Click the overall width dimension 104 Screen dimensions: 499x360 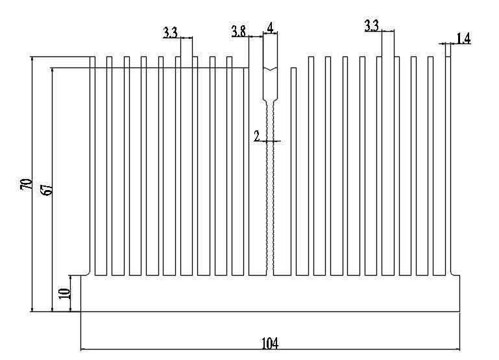tap(270, 344)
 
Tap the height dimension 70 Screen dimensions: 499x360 tap(26, 184)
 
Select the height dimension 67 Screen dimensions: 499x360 tap(47, 189)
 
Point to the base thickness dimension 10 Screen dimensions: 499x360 tap(64, 293)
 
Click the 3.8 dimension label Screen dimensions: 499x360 tap(239, 31)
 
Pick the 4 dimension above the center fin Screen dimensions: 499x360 tap(270, 28)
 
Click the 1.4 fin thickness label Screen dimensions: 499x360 tap(463, 38)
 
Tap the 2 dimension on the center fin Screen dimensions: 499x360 tap(257, 136)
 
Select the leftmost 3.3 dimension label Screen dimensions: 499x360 tap(170, 32)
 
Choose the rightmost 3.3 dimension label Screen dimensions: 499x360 tap(372, 25)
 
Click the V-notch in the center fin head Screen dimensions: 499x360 tap(270, 69)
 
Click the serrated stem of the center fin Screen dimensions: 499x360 tap(270, 187)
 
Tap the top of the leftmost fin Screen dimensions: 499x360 tap(93, 57)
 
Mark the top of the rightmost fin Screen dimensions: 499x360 tap(448, 57)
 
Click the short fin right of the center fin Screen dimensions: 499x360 tap(294, 171)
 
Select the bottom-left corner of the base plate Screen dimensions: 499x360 tap(81, 311)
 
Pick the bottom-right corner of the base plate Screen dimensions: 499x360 tap(459, 311)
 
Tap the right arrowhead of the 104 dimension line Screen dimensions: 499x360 tap(457, 349)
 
